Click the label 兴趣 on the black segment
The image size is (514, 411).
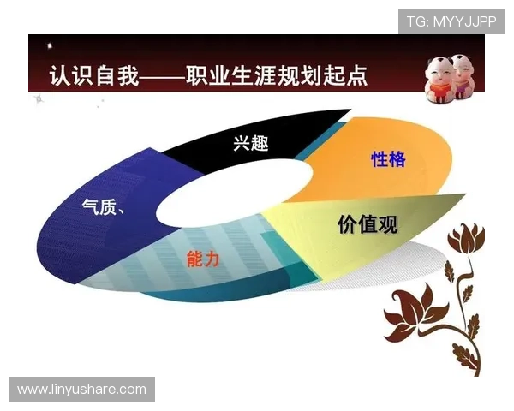251,143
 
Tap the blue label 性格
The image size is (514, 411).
388,158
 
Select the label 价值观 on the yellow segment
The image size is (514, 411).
368,224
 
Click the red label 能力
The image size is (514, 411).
204,258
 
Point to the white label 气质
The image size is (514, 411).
100,207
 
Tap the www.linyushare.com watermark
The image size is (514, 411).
82,390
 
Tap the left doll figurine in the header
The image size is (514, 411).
439,75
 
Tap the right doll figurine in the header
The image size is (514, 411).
463,75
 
